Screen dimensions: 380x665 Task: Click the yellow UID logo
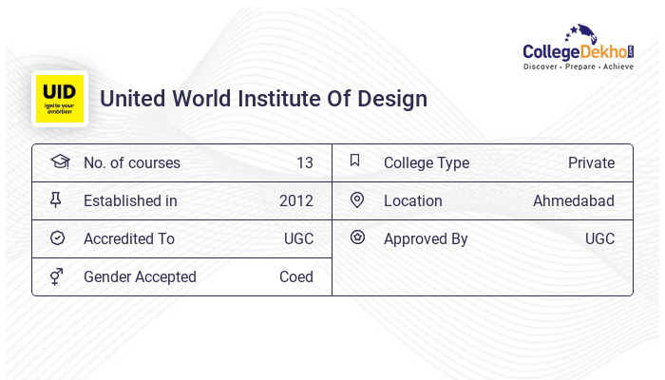pos(60,99)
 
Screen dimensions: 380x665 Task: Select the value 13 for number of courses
pos(304,162)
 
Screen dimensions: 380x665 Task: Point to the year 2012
pos(296,200)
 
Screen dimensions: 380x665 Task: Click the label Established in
pos(130,200)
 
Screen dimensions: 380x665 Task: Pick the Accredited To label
pos(129,238)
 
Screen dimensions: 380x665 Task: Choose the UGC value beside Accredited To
pos(298,238)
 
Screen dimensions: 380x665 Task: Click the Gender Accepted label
pos(140,276)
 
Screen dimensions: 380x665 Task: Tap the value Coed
pos(296,276)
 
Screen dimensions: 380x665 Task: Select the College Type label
pos(427,162)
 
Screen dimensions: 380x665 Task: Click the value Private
pos(591,162)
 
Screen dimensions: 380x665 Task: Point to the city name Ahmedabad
pos(574,200)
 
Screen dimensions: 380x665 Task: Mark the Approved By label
pos(426,238)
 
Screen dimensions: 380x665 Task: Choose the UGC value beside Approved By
pos(599,238)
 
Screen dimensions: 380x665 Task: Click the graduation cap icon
pos(59,161)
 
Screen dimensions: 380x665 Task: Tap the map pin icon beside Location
pos(357,199)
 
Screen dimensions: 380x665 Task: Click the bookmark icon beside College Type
pos(355,161)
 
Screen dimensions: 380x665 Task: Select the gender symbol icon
pos(57,276)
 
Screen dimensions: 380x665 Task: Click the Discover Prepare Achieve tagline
pos(579,67)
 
